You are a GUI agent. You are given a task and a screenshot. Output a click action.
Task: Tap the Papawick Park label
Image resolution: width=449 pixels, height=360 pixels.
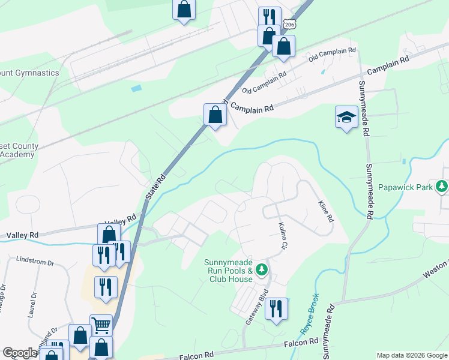coord(405,187)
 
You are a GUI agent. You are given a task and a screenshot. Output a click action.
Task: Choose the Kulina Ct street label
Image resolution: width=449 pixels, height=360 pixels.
coord(283,236)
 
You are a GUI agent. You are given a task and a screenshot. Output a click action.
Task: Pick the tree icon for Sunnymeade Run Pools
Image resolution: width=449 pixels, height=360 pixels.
coord(261,270)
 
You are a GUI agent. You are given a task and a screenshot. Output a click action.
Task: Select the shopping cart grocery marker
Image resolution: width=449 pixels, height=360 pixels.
coord(101,325)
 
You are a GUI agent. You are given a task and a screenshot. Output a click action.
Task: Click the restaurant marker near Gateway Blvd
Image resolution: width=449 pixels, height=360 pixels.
coord(276,309)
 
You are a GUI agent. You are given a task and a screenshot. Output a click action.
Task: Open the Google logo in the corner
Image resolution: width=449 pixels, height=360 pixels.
coord(20,353)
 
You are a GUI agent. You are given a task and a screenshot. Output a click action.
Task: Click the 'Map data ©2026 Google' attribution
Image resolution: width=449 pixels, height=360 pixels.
coord(412,355)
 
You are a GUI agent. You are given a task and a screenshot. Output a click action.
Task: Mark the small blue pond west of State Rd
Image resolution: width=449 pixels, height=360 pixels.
coord(137,88)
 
